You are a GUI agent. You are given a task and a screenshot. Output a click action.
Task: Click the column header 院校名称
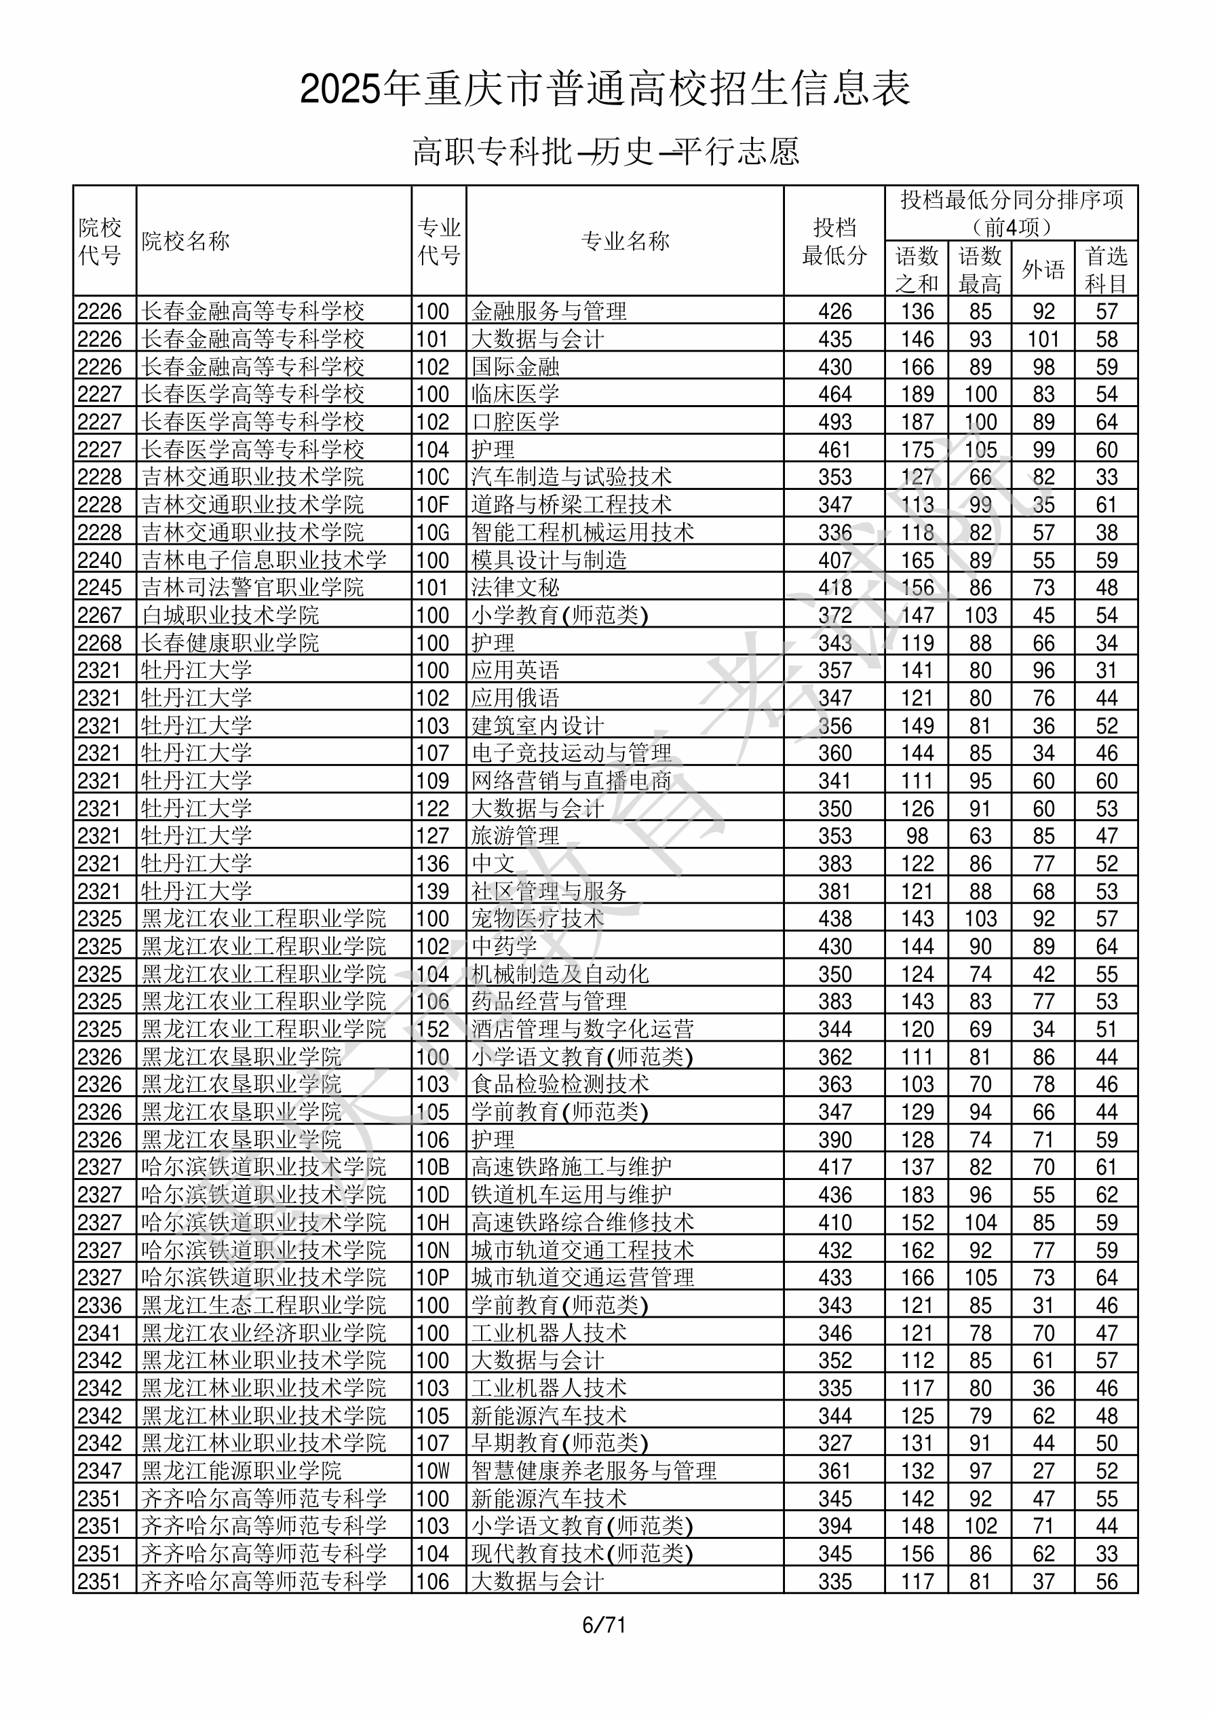(x=186, y=241)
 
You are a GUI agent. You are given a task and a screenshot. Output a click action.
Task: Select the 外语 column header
(x=1043, y=269)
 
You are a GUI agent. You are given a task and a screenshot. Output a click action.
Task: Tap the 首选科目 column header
(x=1106, y=269)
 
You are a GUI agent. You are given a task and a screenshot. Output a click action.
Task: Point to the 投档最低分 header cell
(x=834, y=241)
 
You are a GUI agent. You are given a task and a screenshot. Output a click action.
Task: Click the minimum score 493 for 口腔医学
(x=834, y=422)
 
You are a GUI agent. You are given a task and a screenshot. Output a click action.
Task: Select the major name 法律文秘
(x=515, y=588)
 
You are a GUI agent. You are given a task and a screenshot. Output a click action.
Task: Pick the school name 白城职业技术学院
(x=230, y=615)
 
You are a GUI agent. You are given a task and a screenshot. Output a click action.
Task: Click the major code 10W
(x=433, y=1471)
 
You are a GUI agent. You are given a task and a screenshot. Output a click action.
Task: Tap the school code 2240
(x=99, y=560)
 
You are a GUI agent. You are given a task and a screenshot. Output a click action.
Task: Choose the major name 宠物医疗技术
(x=537, y=918)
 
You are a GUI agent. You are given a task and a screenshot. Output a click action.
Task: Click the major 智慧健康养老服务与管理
(x=594, y=1471)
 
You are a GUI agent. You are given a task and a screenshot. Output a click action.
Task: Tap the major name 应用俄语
(x=515, y=698)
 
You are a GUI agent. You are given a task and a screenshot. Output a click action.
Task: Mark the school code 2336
(x=99, y=1306)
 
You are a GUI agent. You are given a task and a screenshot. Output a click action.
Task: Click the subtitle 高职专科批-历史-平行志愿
(x=605, y=151)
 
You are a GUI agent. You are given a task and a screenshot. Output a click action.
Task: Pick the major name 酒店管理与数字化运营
(x=582, y=1029)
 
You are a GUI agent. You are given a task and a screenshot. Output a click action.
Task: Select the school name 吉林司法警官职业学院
(x=252, y=588)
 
